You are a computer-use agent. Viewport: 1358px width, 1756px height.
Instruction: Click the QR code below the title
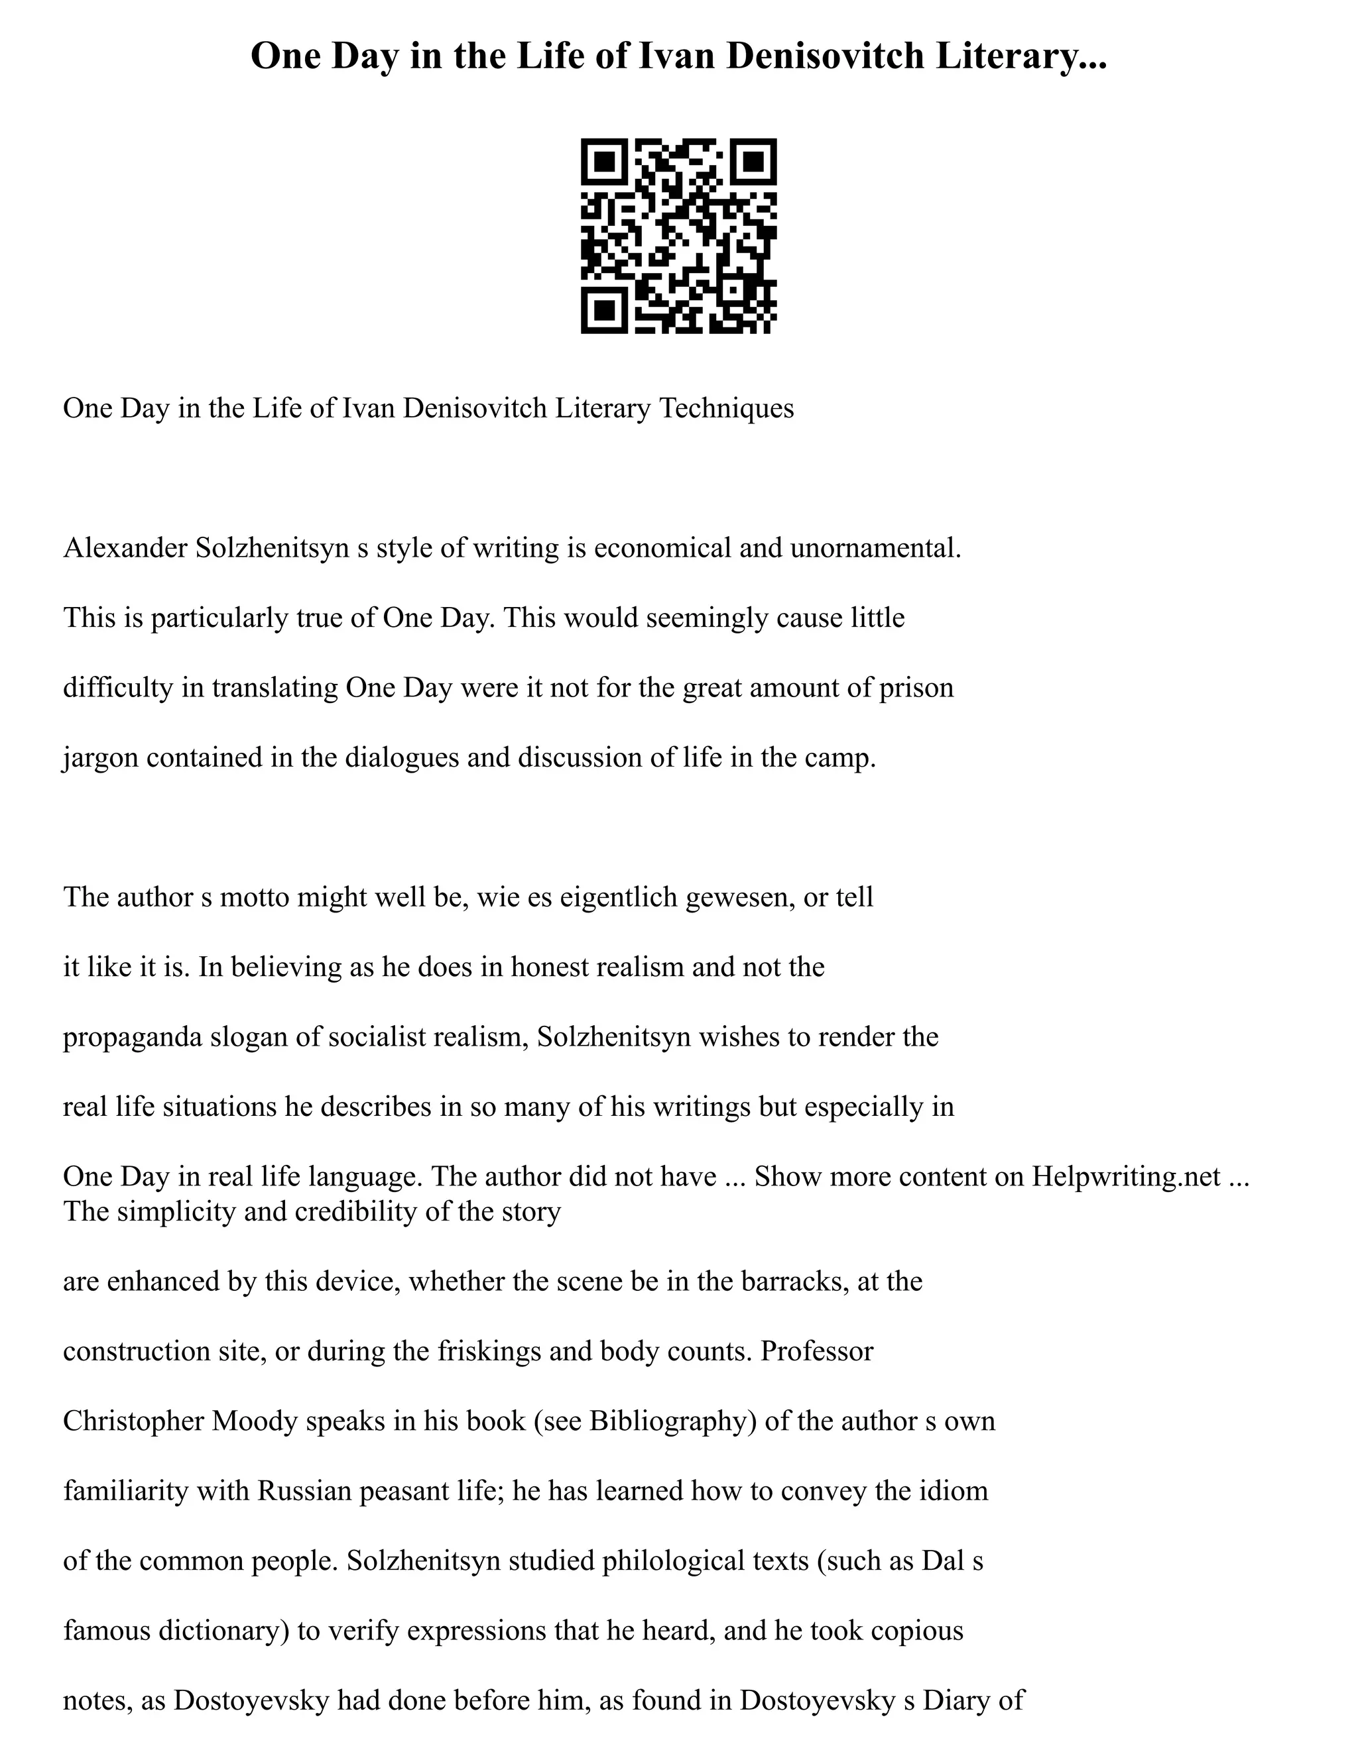pyautogui.click(x=678, y=236)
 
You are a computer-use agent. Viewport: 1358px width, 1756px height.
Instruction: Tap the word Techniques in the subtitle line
pyautogui.click(x=727, y=408)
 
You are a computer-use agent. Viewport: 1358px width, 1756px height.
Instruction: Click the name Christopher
pyautogui.click(x=133, y=1421)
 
